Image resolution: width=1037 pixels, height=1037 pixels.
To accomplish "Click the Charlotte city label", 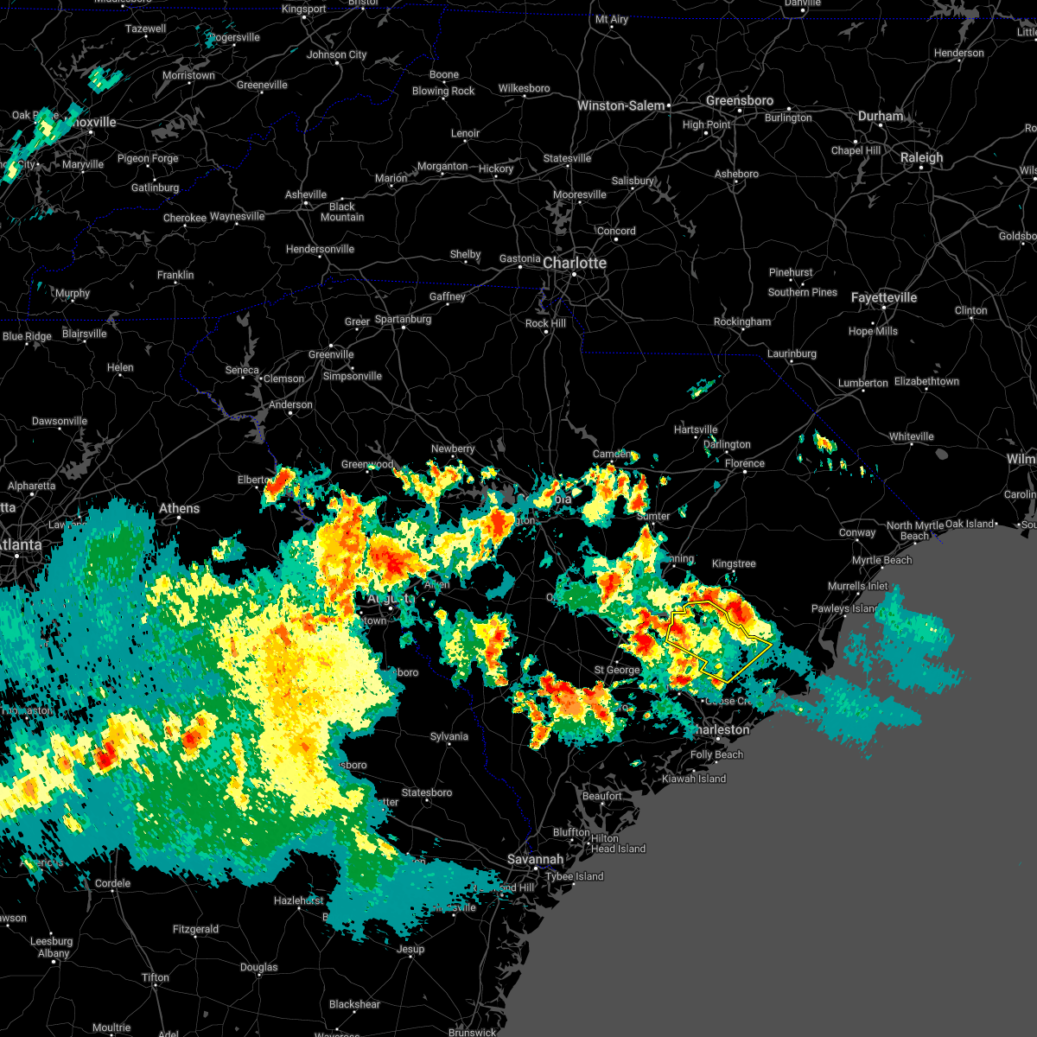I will [575, 263].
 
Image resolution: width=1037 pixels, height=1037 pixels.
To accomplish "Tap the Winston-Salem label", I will [621, 105].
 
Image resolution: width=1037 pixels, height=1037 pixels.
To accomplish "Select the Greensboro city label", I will [739, 100].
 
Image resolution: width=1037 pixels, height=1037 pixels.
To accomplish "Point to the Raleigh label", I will [921, 157].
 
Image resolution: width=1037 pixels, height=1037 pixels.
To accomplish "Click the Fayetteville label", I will [883, 297].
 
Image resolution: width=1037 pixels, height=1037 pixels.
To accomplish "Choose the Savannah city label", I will [535, 859].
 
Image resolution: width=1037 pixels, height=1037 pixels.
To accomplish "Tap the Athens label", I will [179, 508].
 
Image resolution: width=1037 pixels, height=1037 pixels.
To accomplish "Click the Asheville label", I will [306, 194].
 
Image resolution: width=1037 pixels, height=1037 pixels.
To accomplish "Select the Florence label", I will [744, 463].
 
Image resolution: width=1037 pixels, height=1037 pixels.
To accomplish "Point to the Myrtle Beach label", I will [881, 560].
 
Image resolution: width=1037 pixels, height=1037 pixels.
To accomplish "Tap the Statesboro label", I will [427, 792].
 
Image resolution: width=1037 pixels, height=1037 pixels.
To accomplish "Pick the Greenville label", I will [331, 354].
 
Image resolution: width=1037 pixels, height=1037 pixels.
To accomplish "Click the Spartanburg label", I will [403, 319].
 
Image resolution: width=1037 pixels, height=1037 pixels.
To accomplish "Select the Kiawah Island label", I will [694, 779].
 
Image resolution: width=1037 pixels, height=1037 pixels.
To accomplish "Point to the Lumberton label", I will [862, 383].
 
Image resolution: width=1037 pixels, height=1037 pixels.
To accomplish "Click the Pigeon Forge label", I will [148, 158].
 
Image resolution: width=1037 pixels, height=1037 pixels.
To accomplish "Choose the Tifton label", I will [156, 977].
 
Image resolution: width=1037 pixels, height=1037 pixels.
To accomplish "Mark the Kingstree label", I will [734, 563].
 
